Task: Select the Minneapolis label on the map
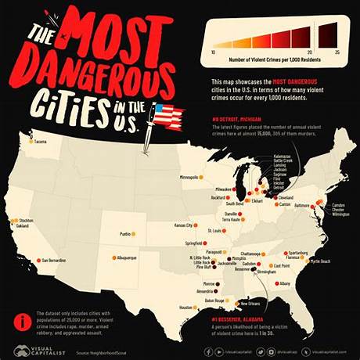[x=193, y=177]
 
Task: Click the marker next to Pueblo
[x=134, y=233]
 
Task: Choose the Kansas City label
[x=185, y=225]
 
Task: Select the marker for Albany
[x=275, y=283]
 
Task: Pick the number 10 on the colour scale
[x=214, y=51]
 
